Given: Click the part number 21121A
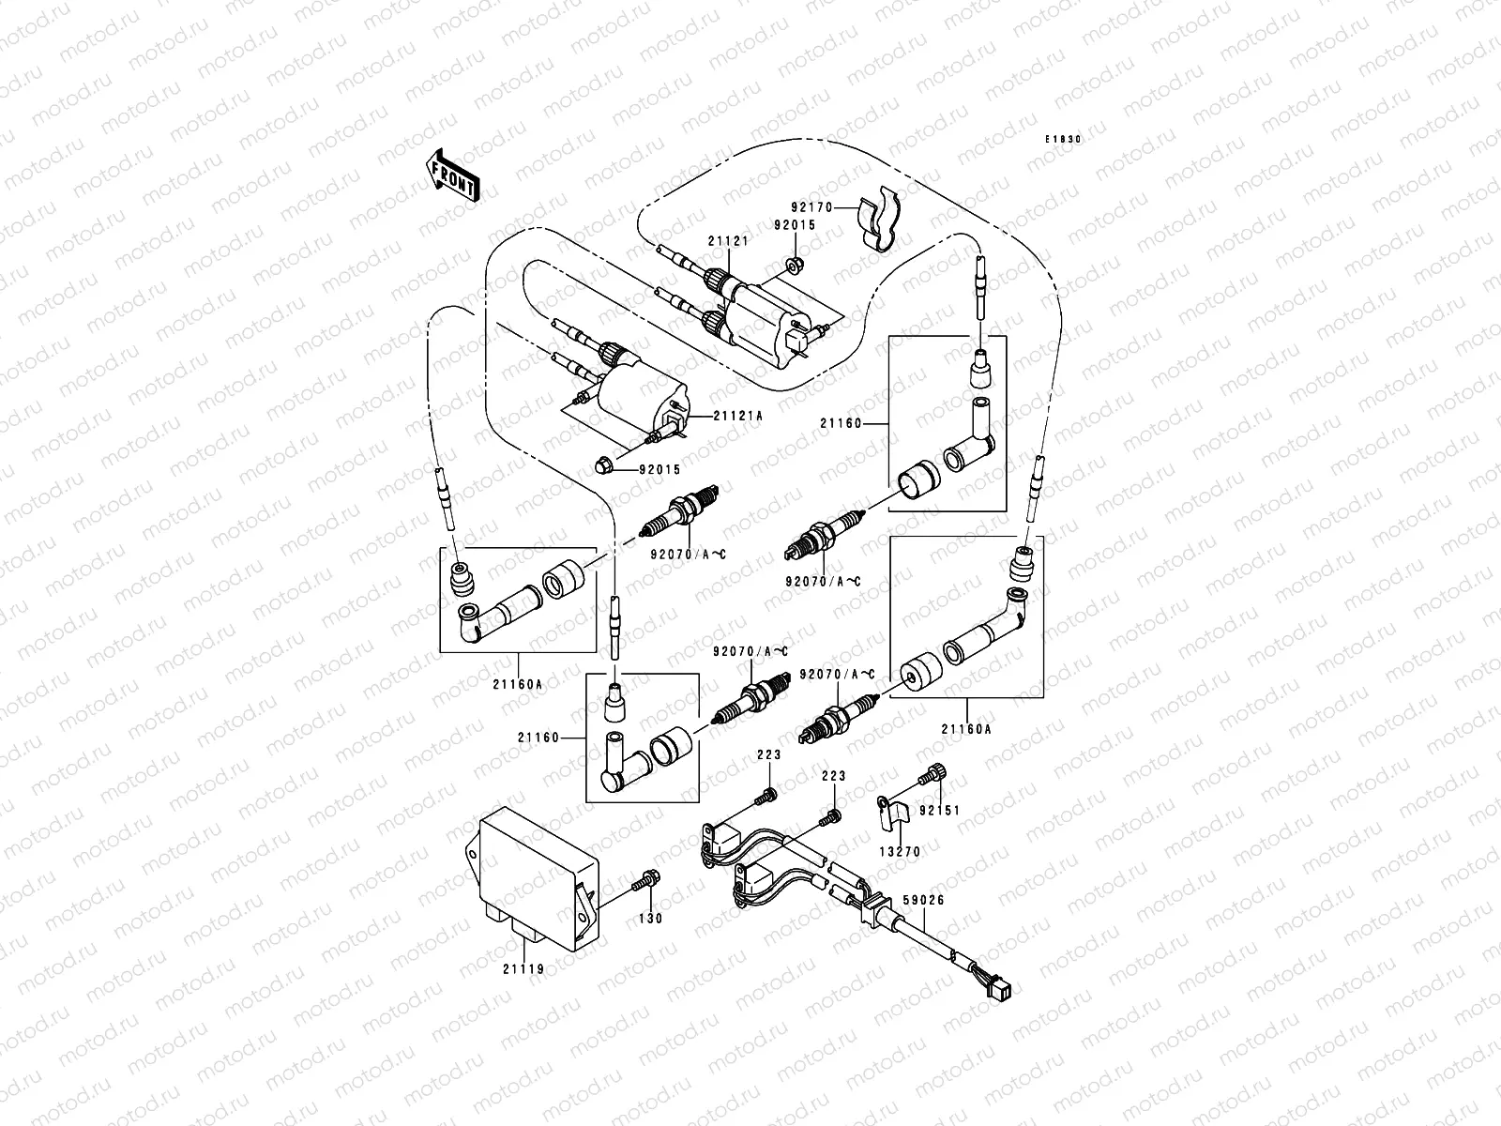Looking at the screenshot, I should click(737, 415).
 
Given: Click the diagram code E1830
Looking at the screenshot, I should click(1065, 139).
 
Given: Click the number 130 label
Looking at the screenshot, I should click(650, 918).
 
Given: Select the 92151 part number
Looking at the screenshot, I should click(940, 810).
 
